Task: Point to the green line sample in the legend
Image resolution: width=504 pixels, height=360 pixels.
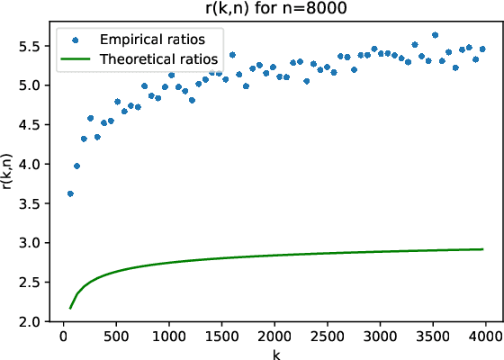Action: point(76,58)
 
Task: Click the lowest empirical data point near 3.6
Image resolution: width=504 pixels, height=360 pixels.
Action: point(70,193)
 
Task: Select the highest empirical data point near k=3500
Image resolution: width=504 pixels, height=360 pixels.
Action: point(435,35)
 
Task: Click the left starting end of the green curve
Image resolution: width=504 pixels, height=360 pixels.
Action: point(70,308)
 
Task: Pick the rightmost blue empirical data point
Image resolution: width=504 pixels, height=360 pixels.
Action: point(482,49)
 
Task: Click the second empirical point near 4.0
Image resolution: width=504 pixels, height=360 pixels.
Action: point(76,166)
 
